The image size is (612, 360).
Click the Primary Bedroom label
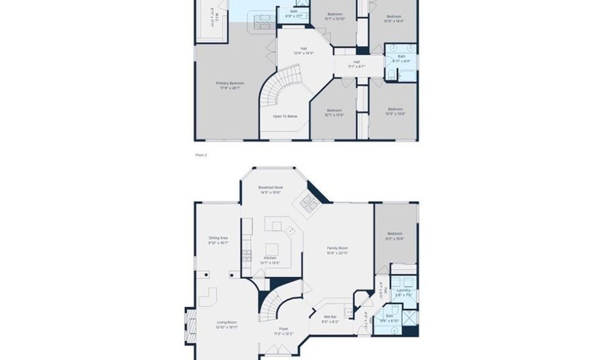coord(230,86)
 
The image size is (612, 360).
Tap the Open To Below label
coord(285,116)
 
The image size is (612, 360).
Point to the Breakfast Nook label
coord(270,189)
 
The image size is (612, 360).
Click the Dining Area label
coord(218,240)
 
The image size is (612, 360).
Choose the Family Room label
coord(337,250)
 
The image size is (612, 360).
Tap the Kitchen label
coord(270,259)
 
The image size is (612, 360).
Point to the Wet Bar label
coord(330,318)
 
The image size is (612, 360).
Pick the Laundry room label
coord(404,293)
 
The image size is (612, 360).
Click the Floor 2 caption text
coord(201,155)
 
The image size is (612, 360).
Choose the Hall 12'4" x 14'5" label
coord(303,50)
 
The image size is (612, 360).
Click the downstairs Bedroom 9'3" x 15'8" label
coord(394,235)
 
